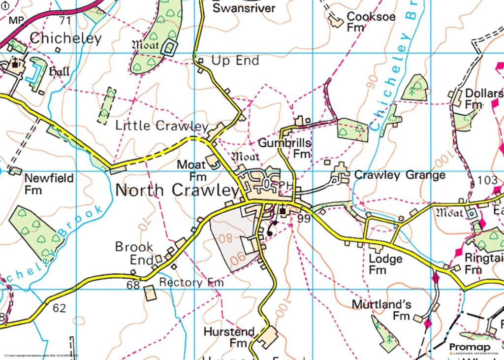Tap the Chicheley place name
point(65,38)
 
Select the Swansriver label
point(244,8)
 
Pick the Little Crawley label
point(161,126)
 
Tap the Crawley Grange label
point(400,175)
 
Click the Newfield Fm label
point(49,183)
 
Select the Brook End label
point(134,253)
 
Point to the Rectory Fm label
point(191,283)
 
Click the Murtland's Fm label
point(381,310)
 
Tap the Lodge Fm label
point(385,264)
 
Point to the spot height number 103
point(487,181)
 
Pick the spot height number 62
point(59,308)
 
